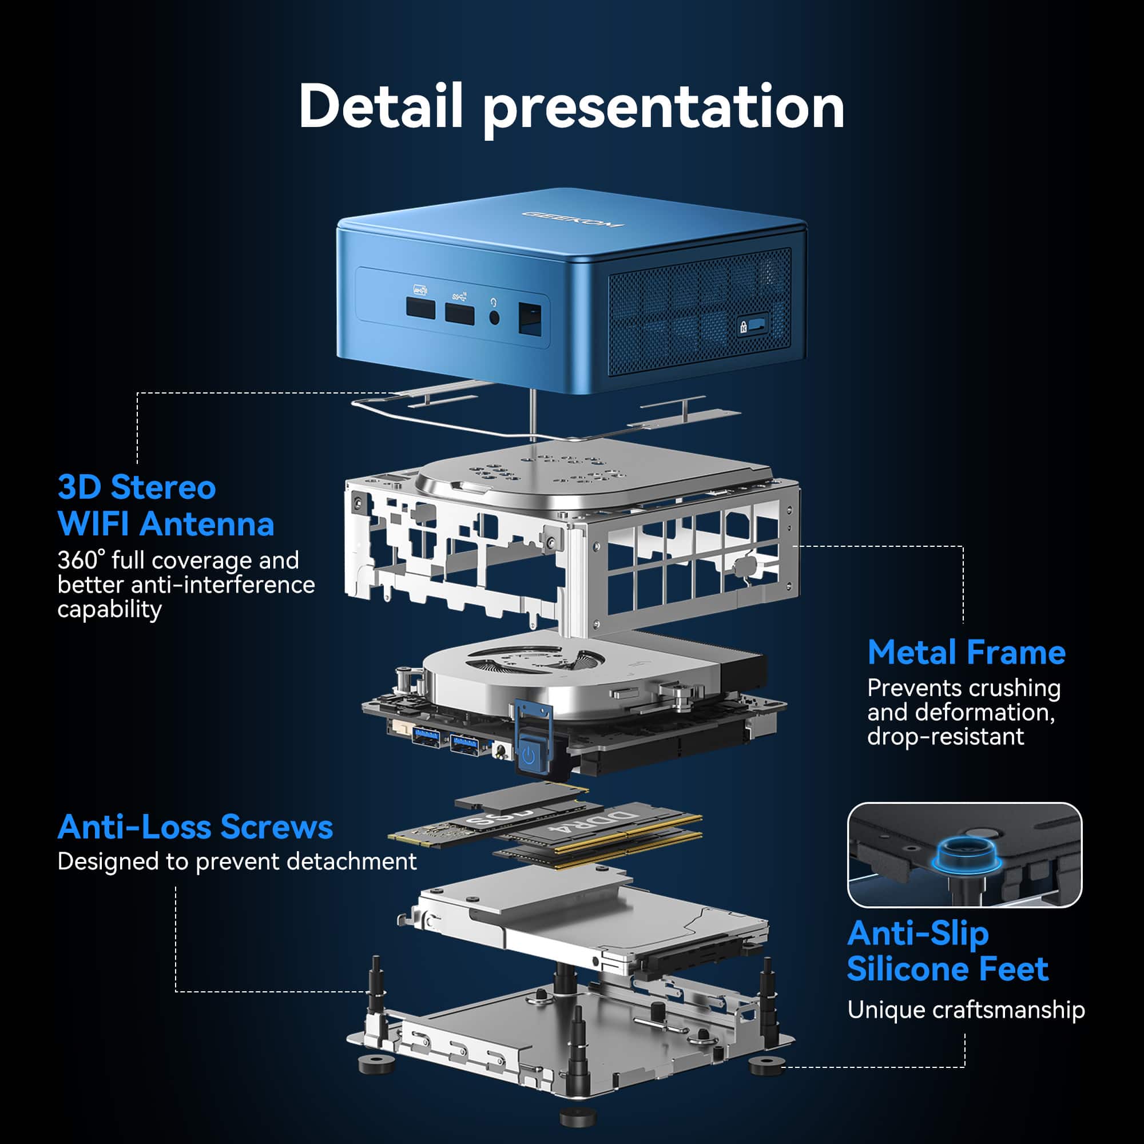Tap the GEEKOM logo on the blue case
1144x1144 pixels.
[572, 219]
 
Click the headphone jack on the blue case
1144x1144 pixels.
[494, 317]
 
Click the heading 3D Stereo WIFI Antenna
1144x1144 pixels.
[166, 506]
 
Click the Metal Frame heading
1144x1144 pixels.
[966, 653]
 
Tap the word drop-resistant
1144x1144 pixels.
[945, 737]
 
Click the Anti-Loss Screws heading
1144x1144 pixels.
[195, 827]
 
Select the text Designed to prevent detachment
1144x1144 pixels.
[237, 861]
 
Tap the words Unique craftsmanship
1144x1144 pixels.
[966, 1010]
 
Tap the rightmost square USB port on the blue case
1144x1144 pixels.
[531, 319]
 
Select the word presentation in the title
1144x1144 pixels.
[663, 107]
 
